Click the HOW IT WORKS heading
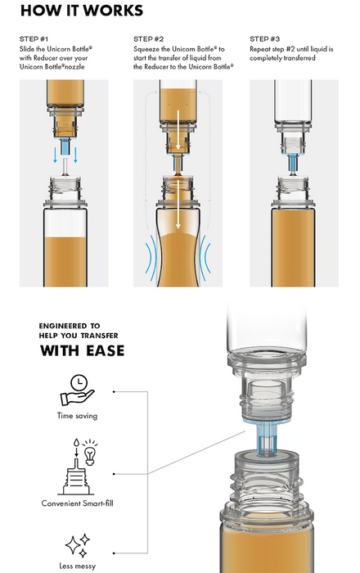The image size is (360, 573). (82, 10)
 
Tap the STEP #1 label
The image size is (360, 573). (34, 39)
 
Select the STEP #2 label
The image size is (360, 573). (148, 39)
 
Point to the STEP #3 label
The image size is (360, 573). (265, 39)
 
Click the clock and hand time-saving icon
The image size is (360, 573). (78, 390)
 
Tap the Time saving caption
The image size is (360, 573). (78, 416)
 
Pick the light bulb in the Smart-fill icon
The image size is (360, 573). (90, 453)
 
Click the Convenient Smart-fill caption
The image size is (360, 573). (78, 503)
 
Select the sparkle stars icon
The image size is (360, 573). (78, 546)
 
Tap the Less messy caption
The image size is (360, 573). (78, 566)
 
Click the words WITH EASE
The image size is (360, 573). (82, 350)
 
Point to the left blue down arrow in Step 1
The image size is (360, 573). (55, 155)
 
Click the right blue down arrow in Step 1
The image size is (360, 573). (75, 155)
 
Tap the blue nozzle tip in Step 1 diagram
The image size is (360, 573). (65, 147)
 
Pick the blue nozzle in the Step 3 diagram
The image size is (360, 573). (294, 162)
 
